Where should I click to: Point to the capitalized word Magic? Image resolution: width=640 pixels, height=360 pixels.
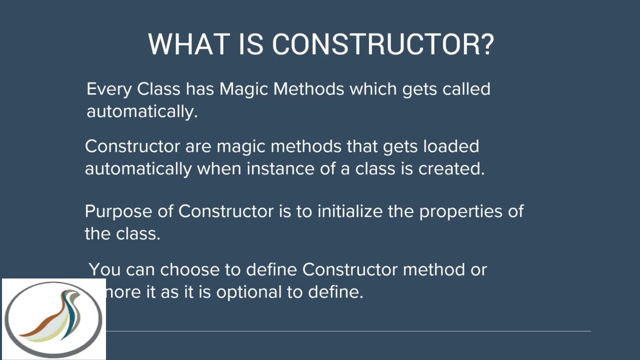pyautogui.click(x=243, y=89)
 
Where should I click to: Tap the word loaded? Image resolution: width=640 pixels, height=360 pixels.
pyautogui.click(x=451, y=146)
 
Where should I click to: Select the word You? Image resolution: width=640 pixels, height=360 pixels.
pyautogui.click(x=104, y=269)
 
